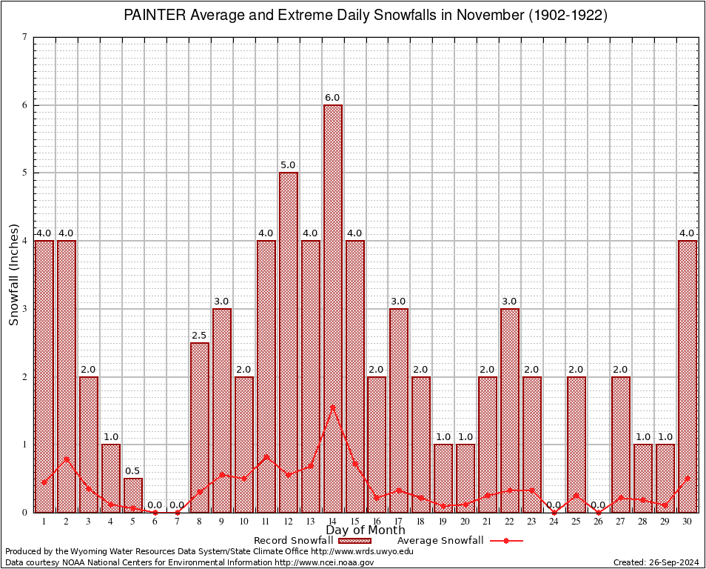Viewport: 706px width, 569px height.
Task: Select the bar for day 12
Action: point(288,342)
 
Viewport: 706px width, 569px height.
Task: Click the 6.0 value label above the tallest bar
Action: point(332,98)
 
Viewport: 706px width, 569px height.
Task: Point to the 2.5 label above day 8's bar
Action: point(199,336)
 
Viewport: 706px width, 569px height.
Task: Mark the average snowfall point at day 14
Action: point(333,406)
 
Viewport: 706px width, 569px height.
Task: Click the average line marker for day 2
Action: point(67,459)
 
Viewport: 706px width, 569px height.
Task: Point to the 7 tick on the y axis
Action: point(25,37)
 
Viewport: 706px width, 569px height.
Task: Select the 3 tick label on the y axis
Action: point(25,309)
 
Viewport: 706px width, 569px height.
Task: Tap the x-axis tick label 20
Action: point(465,522)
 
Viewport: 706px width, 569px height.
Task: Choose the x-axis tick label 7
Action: point(178,522)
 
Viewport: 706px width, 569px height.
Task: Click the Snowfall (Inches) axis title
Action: point(13,275)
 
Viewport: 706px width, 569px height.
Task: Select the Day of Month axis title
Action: point(366,530)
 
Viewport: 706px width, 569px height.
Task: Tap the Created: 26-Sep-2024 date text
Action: point(656,562)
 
